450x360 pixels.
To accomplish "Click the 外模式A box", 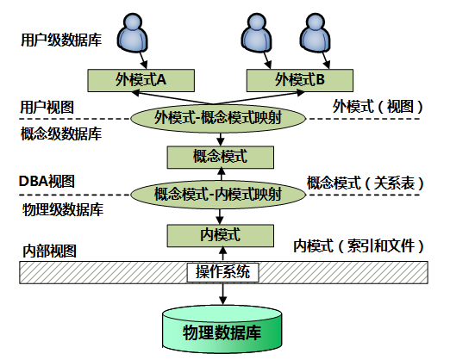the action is point(141,80).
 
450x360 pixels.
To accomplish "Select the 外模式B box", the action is point(300,80).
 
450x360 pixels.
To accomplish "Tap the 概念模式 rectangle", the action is point(221,157).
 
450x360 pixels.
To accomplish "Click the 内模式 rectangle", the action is point(221,236).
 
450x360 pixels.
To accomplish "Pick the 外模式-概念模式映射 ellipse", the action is point(218,118).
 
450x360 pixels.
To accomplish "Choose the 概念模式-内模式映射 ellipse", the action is point(218,195).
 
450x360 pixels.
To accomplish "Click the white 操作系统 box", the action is point(222,272).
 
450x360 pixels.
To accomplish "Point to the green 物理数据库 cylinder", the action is point(222,329).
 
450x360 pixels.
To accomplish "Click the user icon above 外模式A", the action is point(132,33).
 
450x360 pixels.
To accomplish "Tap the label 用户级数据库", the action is point(61,40).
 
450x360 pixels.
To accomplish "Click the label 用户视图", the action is point(47,108).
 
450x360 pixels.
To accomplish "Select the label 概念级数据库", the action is point(61,134).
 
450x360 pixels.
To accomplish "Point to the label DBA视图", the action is point(47,182).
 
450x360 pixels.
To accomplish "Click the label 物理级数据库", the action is point(63,210).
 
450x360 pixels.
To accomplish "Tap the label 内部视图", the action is point(49,251).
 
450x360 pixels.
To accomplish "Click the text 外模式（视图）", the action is point(378,107).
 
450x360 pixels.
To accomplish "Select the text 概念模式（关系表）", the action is point(365,183).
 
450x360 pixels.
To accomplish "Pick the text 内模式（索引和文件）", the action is point(359,246).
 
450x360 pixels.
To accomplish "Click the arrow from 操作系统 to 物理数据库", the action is point(222,294).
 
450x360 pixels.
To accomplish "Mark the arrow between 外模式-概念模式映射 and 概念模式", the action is point(221,140).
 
